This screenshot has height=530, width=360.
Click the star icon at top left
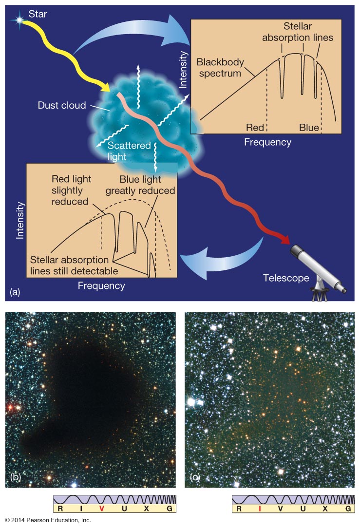(20, 20)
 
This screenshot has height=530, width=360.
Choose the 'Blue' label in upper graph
(309, 128)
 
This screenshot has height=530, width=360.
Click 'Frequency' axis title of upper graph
(267, 142)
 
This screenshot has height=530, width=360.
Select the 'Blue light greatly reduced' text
(140, 185)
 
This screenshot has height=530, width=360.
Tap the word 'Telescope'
(286, 278)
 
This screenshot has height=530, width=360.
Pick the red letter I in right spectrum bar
(260, 509)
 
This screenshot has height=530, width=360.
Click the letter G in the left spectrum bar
(169, 509)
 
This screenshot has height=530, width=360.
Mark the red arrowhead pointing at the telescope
(283, 239)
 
